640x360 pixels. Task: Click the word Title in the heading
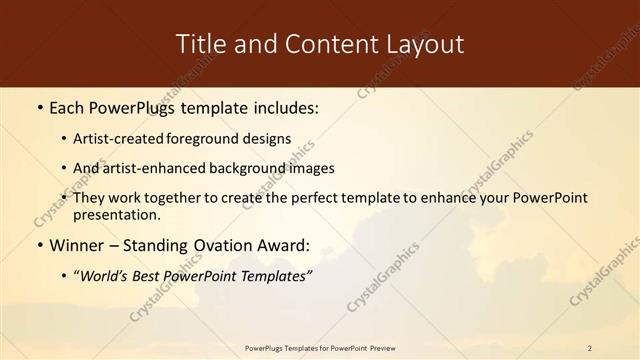200,44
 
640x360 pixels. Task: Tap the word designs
268,139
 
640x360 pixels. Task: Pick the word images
310,168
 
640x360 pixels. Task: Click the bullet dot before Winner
39,246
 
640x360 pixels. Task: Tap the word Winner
74,245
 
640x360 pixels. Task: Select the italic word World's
105,275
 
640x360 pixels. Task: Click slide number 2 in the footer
590,348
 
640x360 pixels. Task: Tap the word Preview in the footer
378,348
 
